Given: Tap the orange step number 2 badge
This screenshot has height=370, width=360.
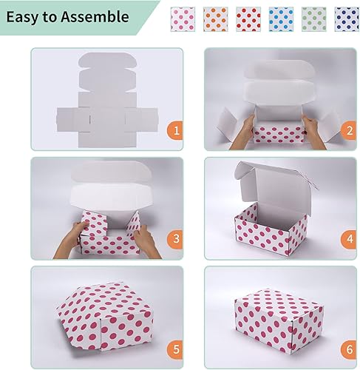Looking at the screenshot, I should pos(347,131).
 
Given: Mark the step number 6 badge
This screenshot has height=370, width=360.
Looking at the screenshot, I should pos(347,347).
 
